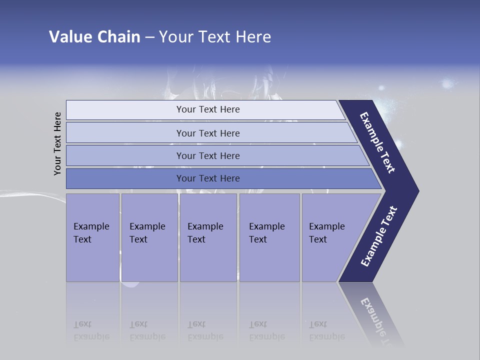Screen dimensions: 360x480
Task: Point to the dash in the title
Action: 149,37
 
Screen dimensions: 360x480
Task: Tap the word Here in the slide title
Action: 253,37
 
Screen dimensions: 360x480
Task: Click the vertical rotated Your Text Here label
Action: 57,143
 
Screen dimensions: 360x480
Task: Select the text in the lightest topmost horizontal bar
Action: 208,109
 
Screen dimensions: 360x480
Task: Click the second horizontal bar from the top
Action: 208,133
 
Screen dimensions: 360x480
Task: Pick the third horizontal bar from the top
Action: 208,155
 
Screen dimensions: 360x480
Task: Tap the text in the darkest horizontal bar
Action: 208,178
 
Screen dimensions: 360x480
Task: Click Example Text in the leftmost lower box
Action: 91,233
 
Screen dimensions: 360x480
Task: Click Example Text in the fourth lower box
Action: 266,233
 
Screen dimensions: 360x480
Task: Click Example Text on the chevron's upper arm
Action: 377,142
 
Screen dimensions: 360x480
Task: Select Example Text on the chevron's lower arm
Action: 378,236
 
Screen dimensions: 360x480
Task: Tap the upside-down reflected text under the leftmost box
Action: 91,330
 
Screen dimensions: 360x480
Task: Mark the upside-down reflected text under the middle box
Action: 205,330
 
